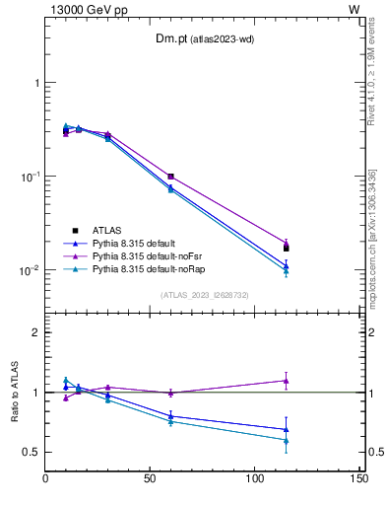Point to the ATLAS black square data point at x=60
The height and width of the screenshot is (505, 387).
tap(170, 177)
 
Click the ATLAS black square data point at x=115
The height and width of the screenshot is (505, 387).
tap(286, 248)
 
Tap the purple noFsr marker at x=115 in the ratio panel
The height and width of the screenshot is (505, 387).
tap(286, 381)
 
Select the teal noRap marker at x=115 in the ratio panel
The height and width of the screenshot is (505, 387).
tap(286, 441)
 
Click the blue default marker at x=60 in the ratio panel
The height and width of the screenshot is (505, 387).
tap(170, 416)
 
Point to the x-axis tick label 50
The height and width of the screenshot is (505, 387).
tap(151, 478)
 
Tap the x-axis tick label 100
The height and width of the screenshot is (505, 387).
tap(255, 478)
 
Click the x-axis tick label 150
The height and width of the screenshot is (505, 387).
tap(359, 478)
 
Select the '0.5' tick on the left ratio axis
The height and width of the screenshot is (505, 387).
tap(32, 452)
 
